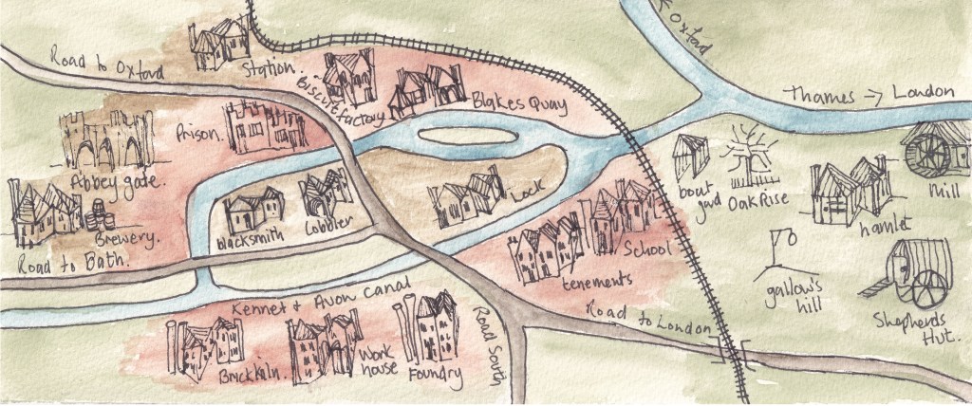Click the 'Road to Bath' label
[47, 252]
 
